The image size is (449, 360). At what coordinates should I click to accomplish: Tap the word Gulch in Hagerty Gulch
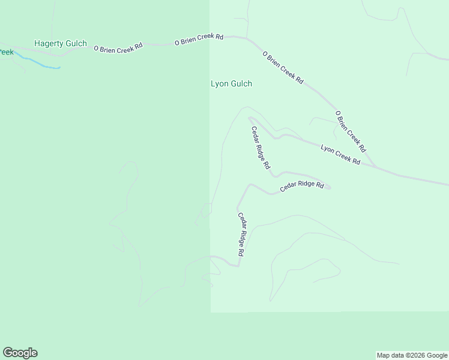76,44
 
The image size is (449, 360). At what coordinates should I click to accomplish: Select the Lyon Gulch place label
231,84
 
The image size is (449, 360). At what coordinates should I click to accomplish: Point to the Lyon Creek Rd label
340,155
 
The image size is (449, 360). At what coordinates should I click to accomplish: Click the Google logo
20,353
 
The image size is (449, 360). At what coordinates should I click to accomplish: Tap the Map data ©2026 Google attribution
412,355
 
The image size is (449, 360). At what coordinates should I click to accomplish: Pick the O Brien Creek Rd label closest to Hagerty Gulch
118,46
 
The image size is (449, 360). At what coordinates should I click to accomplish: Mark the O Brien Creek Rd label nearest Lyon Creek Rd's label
350,131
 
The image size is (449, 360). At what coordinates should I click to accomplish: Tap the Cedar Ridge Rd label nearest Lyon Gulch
261,148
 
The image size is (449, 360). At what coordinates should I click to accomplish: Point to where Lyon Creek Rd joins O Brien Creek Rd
376,167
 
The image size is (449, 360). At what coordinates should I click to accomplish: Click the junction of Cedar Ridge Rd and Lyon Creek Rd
249,118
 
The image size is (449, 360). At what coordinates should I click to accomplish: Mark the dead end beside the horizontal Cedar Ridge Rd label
330,187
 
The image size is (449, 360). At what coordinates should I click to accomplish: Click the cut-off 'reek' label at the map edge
6,52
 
